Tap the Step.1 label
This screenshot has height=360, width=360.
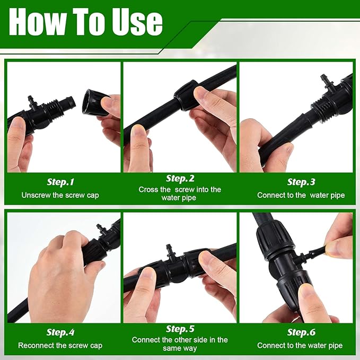pyautogui.click(x=60, y=182)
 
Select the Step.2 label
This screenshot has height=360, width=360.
pyautogui.click(x=180, y=178)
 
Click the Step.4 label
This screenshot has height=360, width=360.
pyautogui.click(x=60, y=332)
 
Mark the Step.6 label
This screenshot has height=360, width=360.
pyautogui.click(x=301, y=332)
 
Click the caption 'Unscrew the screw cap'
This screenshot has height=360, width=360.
pyautogui.click(x=60, y=195)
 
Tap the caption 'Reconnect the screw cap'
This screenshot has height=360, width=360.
pyautogui.click(x=60, y=345)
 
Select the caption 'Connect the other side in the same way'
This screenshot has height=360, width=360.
pyautogui.click(x=180, y=344)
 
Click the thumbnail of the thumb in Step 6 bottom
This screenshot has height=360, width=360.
pyautogui.click(x=306, y=291)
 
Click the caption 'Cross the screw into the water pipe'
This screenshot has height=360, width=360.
pyautogui.click(x=180, y=194)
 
